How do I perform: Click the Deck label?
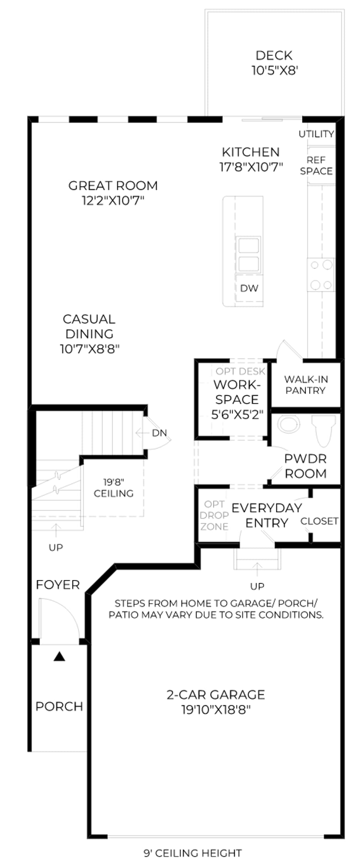pos(274,55)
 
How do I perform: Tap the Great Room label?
pos(113,186)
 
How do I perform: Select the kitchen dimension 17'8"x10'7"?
pos(251,167)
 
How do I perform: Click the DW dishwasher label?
pos(249,288)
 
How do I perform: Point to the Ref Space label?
pos(316,165)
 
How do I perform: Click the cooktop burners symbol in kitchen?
pos(321,275)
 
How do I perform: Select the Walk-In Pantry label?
pos(306,385)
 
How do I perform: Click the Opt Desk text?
pos(241,371)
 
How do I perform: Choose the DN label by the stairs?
pos(159,433)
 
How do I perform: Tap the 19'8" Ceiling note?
pos(114,488)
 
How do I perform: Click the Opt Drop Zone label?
pos(214,515)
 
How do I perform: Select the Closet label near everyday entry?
pos(319,521)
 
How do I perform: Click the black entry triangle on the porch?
pos(59,656)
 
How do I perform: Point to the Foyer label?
pos(58,585)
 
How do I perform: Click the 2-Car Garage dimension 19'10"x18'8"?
pos(216,709)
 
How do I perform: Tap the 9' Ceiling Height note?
pos(193,853)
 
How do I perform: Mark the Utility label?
pos(316,134)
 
